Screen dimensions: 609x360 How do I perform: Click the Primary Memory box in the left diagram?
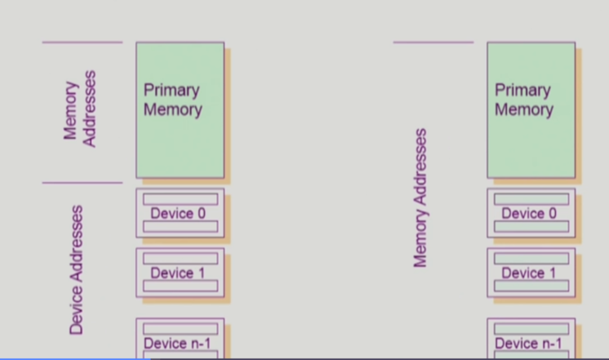tap(180, 110)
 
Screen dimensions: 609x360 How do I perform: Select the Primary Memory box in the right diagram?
tap(531, 110)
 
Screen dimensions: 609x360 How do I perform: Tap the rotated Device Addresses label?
tap(77, 269)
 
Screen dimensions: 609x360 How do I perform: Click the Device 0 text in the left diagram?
tap(178, 214)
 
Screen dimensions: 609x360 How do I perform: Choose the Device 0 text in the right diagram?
tap(529, 214)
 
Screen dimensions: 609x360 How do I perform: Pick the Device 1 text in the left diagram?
tap(178, 273)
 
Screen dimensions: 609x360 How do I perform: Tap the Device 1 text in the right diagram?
tap(529, 273)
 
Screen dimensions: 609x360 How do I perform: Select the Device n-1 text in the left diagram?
tap(177, 344)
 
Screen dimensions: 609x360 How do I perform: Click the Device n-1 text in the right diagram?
tap(528, 344)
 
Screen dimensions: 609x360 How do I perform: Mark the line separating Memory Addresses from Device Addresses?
tap(82, 183)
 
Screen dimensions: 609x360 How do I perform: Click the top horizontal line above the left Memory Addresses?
tap(82, 42)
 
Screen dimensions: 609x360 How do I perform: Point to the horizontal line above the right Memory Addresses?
tap(433, 42)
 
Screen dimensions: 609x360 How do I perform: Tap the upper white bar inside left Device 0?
tap(180, 199)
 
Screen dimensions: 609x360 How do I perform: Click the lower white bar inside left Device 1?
tap(180, 286)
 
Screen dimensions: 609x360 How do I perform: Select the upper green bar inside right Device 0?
tap(531, 199)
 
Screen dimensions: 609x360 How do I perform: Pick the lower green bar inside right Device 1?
tap(531, 286)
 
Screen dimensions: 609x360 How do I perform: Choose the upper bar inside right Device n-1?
tap(531, 328)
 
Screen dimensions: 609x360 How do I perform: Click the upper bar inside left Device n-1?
tap(180, 328)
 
